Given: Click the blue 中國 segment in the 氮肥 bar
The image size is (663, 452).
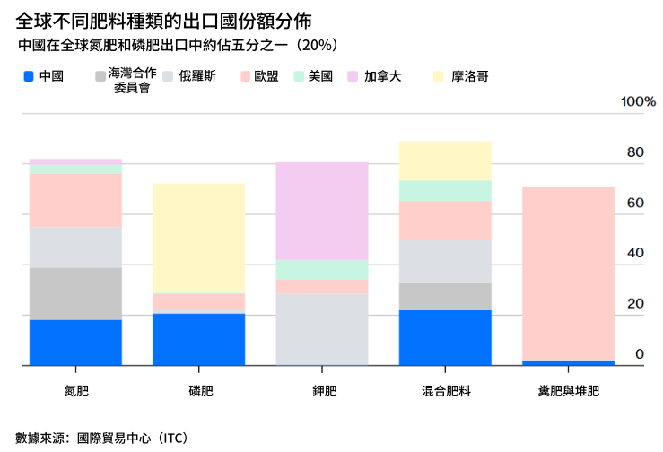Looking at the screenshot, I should point(75,343).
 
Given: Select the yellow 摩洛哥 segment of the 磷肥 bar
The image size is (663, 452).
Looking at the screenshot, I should point(198,238).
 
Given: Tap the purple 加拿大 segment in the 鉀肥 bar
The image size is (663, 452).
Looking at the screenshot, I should point(322,211).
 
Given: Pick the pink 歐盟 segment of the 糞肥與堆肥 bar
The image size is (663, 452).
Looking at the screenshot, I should point(569,274).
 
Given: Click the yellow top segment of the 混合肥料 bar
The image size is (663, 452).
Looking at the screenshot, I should point(445,161).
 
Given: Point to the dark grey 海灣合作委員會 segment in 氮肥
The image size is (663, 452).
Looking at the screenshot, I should point(75,293).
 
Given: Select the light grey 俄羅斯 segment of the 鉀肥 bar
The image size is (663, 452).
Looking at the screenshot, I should point(322,329).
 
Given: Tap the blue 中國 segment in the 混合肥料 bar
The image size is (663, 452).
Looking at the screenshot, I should point(445,337).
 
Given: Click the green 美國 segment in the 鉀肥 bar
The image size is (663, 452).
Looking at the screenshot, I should point(322,269).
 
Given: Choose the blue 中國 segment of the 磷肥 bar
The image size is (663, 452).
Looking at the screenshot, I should point(198,339).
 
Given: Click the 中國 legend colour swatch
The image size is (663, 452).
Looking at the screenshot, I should point(29,77).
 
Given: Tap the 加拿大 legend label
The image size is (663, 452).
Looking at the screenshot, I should point(382,77).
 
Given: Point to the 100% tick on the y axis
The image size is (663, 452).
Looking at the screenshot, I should point(639,101).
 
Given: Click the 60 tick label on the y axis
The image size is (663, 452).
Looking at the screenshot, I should point(635,204).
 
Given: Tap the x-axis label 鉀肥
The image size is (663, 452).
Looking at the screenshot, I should point(322,391).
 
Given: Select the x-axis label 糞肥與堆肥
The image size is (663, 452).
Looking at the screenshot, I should point(569,391).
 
